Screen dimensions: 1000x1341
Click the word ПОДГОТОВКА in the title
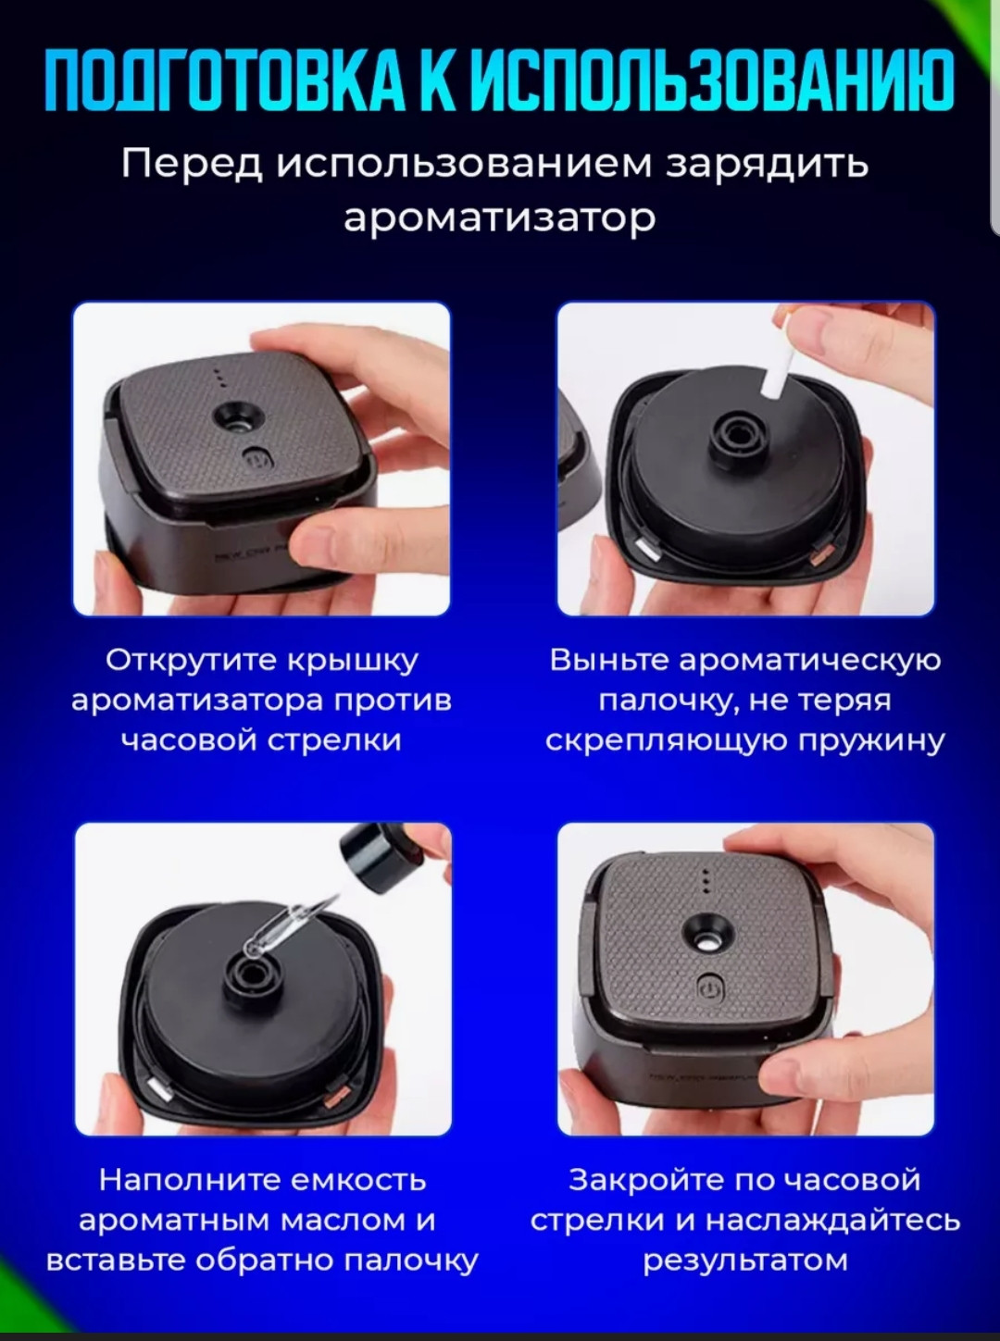[x=226, y=81]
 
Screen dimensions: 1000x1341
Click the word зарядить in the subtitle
[x=767, y=165]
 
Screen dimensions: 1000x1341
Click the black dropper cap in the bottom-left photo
[x=369, y=851]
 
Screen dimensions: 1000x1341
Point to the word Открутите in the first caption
[x=192, y=661]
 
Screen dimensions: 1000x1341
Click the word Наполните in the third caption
[x=189, y=1180]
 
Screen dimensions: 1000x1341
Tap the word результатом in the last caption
[x=745, y=1260]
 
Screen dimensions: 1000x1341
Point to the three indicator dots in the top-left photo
[x=219, y=377]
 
